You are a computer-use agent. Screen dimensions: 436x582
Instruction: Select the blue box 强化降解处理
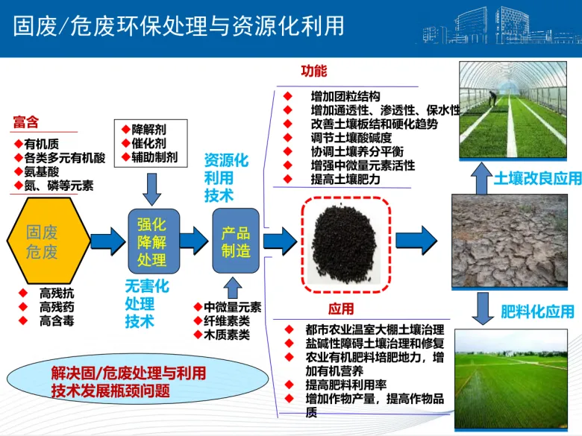(151, 241)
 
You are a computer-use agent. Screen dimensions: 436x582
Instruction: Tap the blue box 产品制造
(236, 241)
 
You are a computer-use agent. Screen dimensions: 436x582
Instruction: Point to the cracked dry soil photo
(510, 240)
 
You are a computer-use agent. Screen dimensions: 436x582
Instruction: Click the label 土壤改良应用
(536, 179)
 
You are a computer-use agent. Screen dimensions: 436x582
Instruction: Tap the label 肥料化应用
(536, 312)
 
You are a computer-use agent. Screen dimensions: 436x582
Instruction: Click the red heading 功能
(313, 72)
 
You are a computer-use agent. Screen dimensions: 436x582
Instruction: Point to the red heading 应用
(341, 309)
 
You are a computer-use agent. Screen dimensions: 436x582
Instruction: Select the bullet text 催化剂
(148, 142)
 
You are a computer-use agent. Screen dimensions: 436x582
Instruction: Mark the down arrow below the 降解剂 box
(152, 186)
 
